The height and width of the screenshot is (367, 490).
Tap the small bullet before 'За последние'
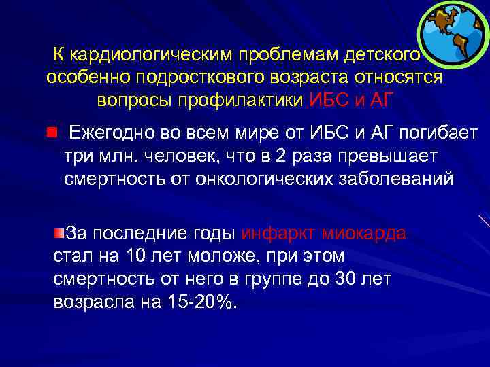(x=60, y=234)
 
